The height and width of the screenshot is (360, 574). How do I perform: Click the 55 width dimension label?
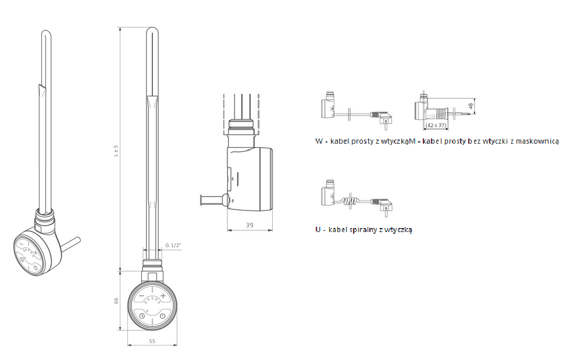coord(152,341)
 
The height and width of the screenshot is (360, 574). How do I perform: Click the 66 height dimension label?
coord(116,301)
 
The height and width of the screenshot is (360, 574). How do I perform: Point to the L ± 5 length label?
coord(116,151)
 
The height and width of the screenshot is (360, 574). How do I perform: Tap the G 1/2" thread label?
coord(173,245)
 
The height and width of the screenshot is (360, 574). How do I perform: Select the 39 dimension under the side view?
coord(249,225)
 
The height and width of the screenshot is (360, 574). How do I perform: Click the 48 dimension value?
coord(470,105)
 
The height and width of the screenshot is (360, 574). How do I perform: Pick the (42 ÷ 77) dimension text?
coord(436,125)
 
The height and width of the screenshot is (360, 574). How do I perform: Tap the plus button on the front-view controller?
coord(163,296)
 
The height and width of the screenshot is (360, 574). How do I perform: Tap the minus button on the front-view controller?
coord(141,296)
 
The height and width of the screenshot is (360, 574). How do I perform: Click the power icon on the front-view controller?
coord(163,315)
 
